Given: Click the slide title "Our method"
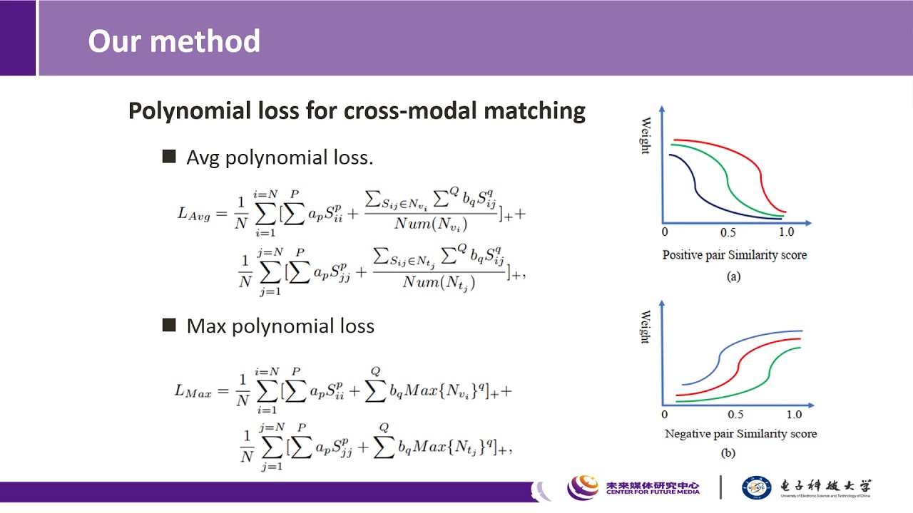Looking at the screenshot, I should (174, 41).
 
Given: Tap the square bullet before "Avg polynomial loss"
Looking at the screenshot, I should (169, 157).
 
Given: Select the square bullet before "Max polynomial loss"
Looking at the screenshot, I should (169, 326).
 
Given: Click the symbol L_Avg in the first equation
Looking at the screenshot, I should (193, 213).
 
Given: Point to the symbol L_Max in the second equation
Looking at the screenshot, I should (193, 390).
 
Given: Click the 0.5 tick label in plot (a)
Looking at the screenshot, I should (727, 233).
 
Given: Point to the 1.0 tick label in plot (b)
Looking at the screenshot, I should (794, 415).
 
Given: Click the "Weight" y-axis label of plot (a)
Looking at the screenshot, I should (645, 135).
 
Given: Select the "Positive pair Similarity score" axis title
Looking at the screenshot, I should (734, 254).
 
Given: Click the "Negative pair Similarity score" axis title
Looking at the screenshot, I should (740, 433).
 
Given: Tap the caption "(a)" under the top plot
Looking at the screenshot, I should (733, 277).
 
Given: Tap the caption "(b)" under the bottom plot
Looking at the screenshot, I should (728, 453).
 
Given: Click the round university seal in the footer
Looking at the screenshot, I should (757, 487).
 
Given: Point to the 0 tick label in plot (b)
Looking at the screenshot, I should (665, 415).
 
